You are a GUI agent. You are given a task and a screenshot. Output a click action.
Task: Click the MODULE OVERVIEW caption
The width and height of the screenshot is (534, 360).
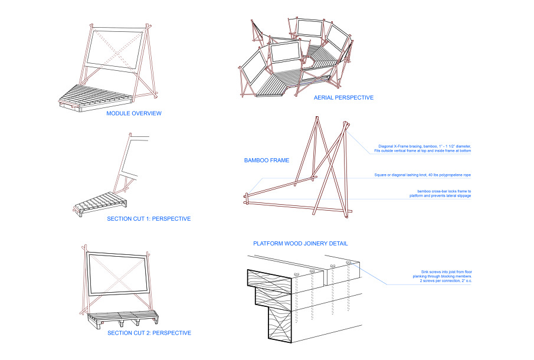click(x=133, y=113)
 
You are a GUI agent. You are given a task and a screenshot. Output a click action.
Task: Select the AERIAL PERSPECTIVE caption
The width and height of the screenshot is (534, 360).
click(x=343, y=97)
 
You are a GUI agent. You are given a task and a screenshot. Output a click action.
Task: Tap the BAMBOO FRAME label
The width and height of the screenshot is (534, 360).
click(x=267, y=160)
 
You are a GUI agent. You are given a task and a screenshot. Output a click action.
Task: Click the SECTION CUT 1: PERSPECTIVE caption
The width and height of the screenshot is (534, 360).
click(x=149, y=219)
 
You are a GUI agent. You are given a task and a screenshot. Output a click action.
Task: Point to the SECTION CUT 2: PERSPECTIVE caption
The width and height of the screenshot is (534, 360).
click(x=149, y=333)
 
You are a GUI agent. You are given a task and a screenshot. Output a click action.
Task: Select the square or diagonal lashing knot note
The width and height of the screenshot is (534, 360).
click(x=422, y=175)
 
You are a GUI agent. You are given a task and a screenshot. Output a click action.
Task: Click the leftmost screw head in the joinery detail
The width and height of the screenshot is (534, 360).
click(x=296, y=274)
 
